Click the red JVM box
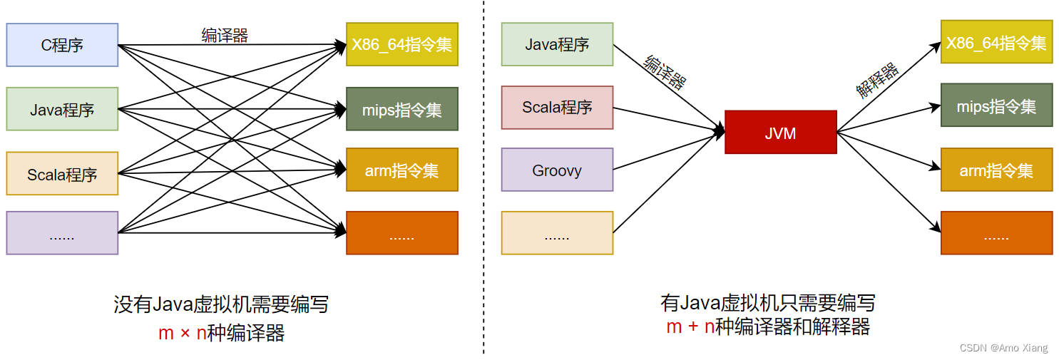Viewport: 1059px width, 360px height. coord(780,133)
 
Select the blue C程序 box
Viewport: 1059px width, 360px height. coord(62,45)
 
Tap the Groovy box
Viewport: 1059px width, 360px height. coord(557,170)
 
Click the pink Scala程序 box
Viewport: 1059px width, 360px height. coord(557,108)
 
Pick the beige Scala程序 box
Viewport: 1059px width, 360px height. coord(62,173)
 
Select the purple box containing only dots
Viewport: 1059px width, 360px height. coord(62,233)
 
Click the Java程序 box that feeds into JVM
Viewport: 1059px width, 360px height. coord(557,44)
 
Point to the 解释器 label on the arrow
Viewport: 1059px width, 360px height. coord(877,80)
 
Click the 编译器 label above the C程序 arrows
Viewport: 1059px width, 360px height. coord(225,36)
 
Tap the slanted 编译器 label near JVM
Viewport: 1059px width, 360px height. coord(665,72)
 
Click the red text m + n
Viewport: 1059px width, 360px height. coord(690,326)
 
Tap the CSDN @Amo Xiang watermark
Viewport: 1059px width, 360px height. coord(1003,348)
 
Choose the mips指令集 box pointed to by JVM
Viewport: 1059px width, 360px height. coord(996,106)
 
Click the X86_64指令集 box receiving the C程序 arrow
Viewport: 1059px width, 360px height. coord(401,44)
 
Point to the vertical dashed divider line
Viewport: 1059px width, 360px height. coord(484,178)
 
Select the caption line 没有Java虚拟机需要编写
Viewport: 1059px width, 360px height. coord(221,305)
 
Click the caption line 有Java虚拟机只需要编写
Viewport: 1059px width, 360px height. coord(768,303)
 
